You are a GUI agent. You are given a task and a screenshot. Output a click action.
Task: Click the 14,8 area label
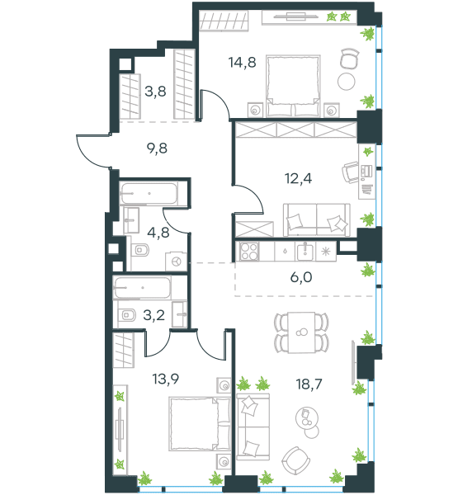point(243,63)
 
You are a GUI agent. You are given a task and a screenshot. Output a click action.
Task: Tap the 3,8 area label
point(155,92)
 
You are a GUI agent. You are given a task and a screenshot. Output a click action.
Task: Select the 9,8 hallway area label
point(157,148)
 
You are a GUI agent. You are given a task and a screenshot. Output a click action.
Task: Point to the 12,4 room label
point(299,179)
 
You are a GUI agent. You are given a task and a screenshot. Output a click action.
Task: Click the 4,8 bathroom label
point(158,233)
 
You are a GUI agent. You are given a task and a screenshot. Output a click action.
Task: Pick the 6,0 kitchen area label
point(301,277)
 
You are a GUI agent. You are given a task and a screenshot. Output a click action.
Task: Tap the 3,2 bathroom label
point(154,315)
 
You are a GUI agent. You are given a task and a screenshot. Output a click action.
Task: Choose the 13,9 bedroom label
point(166,379)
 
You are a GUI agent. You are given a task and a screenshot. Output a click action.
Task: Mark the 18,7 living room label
point(309,384)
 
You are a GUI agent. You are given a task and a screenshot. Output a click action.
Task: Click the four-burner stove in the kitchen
point(249,252)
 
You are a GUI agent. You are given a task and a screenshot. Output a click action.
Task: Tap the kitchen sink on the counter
point(305,252)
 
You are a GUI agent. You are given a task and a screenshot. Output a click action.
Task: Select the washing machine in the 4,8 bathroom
point(177,261)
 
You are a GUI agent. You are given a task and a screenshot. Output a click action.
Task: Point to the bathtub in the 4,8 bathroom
point(149,193)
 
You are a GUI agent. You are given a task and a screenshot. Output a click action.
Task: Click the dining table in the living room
point(301,332)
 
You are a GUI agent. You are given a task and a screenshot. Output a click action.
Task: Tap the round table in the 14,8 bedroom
point(347,82)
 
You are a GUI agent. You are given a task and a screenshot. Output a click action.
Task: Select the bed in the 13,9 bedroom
point(200,423)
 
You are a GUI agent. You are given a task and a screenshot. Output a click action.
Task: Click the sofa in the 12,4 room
point(317,219)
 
